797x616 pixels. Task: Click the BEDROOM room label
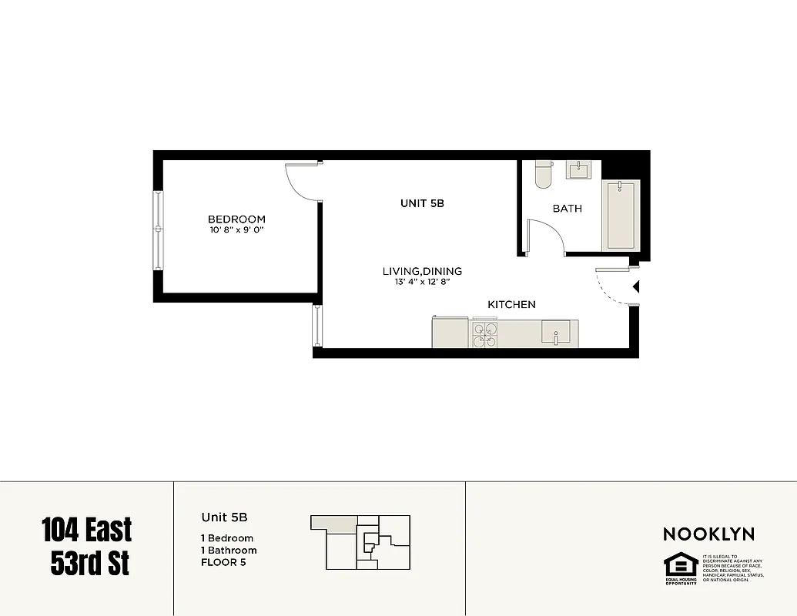[x=236, y=219]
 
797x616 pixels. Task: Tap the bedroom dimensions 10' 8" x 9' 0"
[x=236, y=230]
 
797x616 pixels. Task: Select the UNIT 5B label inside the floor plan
[x=422, y=204]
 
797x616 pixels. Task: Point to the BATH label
[x=568, y=209]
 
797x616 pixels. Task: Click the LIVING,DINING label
[x=422, y=271]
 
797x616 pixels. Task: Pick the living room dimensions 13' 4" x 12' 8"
[x=422, y=282]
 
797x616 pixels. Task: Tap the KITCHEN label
[x=512, y=305]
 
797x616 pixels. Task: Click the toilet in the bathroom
[x=544, y=174]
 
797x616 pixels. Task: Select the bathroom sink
[x=578, y=169]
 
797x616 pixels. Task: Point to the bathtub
[x=621, y=215]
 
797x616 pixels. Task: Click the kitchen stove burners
[x=485, y=335]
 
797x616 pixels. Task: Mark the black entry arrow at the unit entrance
[x=636, y=287]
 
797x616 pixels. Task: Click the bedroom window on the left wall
[x=159, y=229]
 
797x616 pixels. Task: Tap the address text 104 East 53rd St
[x=86, y=547]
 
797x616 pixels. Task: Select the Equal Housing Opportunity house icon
[x=681, y=565]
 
